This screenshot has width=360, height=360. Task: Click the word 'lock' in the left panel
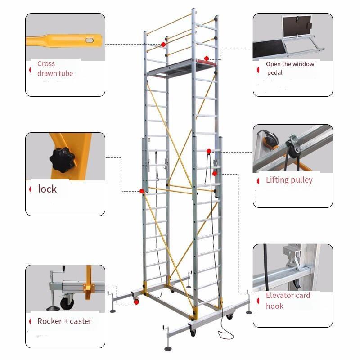[47, 189]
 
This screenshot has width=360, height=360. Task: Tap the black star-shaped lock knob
[62, 160]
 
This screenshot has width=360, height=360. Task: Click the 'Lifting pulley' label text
[289, 180]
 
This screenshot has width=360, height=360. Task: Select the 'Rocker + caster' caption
[64, 321]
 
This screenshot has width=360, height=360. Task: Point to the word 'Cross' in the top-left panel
[46, 63]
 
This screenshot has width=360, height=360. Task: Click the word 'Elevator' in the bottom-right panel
[280, 295]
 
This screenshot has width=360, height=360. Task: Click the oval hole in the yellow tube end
[89, 40]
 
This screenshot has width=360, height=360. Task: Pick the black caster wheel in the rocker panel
[67, 303]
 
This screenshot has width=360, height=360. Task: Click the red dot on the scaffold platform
[207, 58]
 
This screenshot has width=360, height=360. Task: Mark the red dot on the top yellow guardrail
[163, 44]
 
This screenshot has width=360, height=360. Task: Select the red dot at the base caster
[136, 302]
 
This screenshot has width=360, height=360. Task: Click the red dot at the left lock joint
[142, 191]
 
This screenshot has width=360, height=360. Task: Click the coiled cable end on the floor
[226, 335]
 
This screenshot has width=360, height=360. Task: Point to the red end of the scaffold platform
[206, 62]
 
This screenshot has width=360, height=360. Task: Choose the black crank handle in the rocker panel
[63, 268]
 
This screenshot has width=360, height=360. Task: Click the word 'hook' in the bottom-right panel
[274, 306]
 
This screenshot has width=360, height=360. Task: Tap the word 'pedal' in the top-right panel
[275, 73]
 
